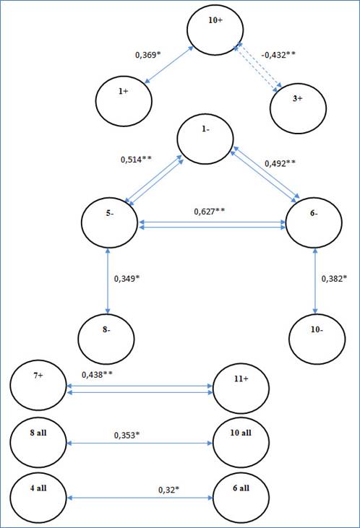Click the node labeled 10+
coord(215,30)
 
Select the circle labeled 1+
coord(124,101)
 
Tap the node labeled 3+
coord(298,108)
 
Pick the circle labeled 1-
coord(205,139)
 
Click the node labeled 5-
coord(110,222)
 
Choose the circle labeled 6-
coord(314,222)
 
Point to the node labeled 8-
coord(106,339)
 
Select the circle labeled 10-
coord(317,339)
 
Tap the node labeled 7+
coord(38,385)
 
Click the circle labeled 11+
coord(241,389)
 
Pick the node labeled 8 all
coord(38,443)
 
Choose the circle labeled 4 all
coord(38,498)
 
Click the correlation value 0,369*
coord(148,55)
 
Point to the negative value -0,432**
coord(278,55)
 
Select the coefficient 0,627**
coord(210,212)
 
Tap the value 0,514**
coord(136,160)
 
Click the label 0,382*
coord(334,279)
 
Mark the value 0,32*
coord(168,490)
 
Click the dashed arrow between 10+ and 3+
coord(258,67)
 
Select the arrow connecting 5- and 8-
coord(108,281)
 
